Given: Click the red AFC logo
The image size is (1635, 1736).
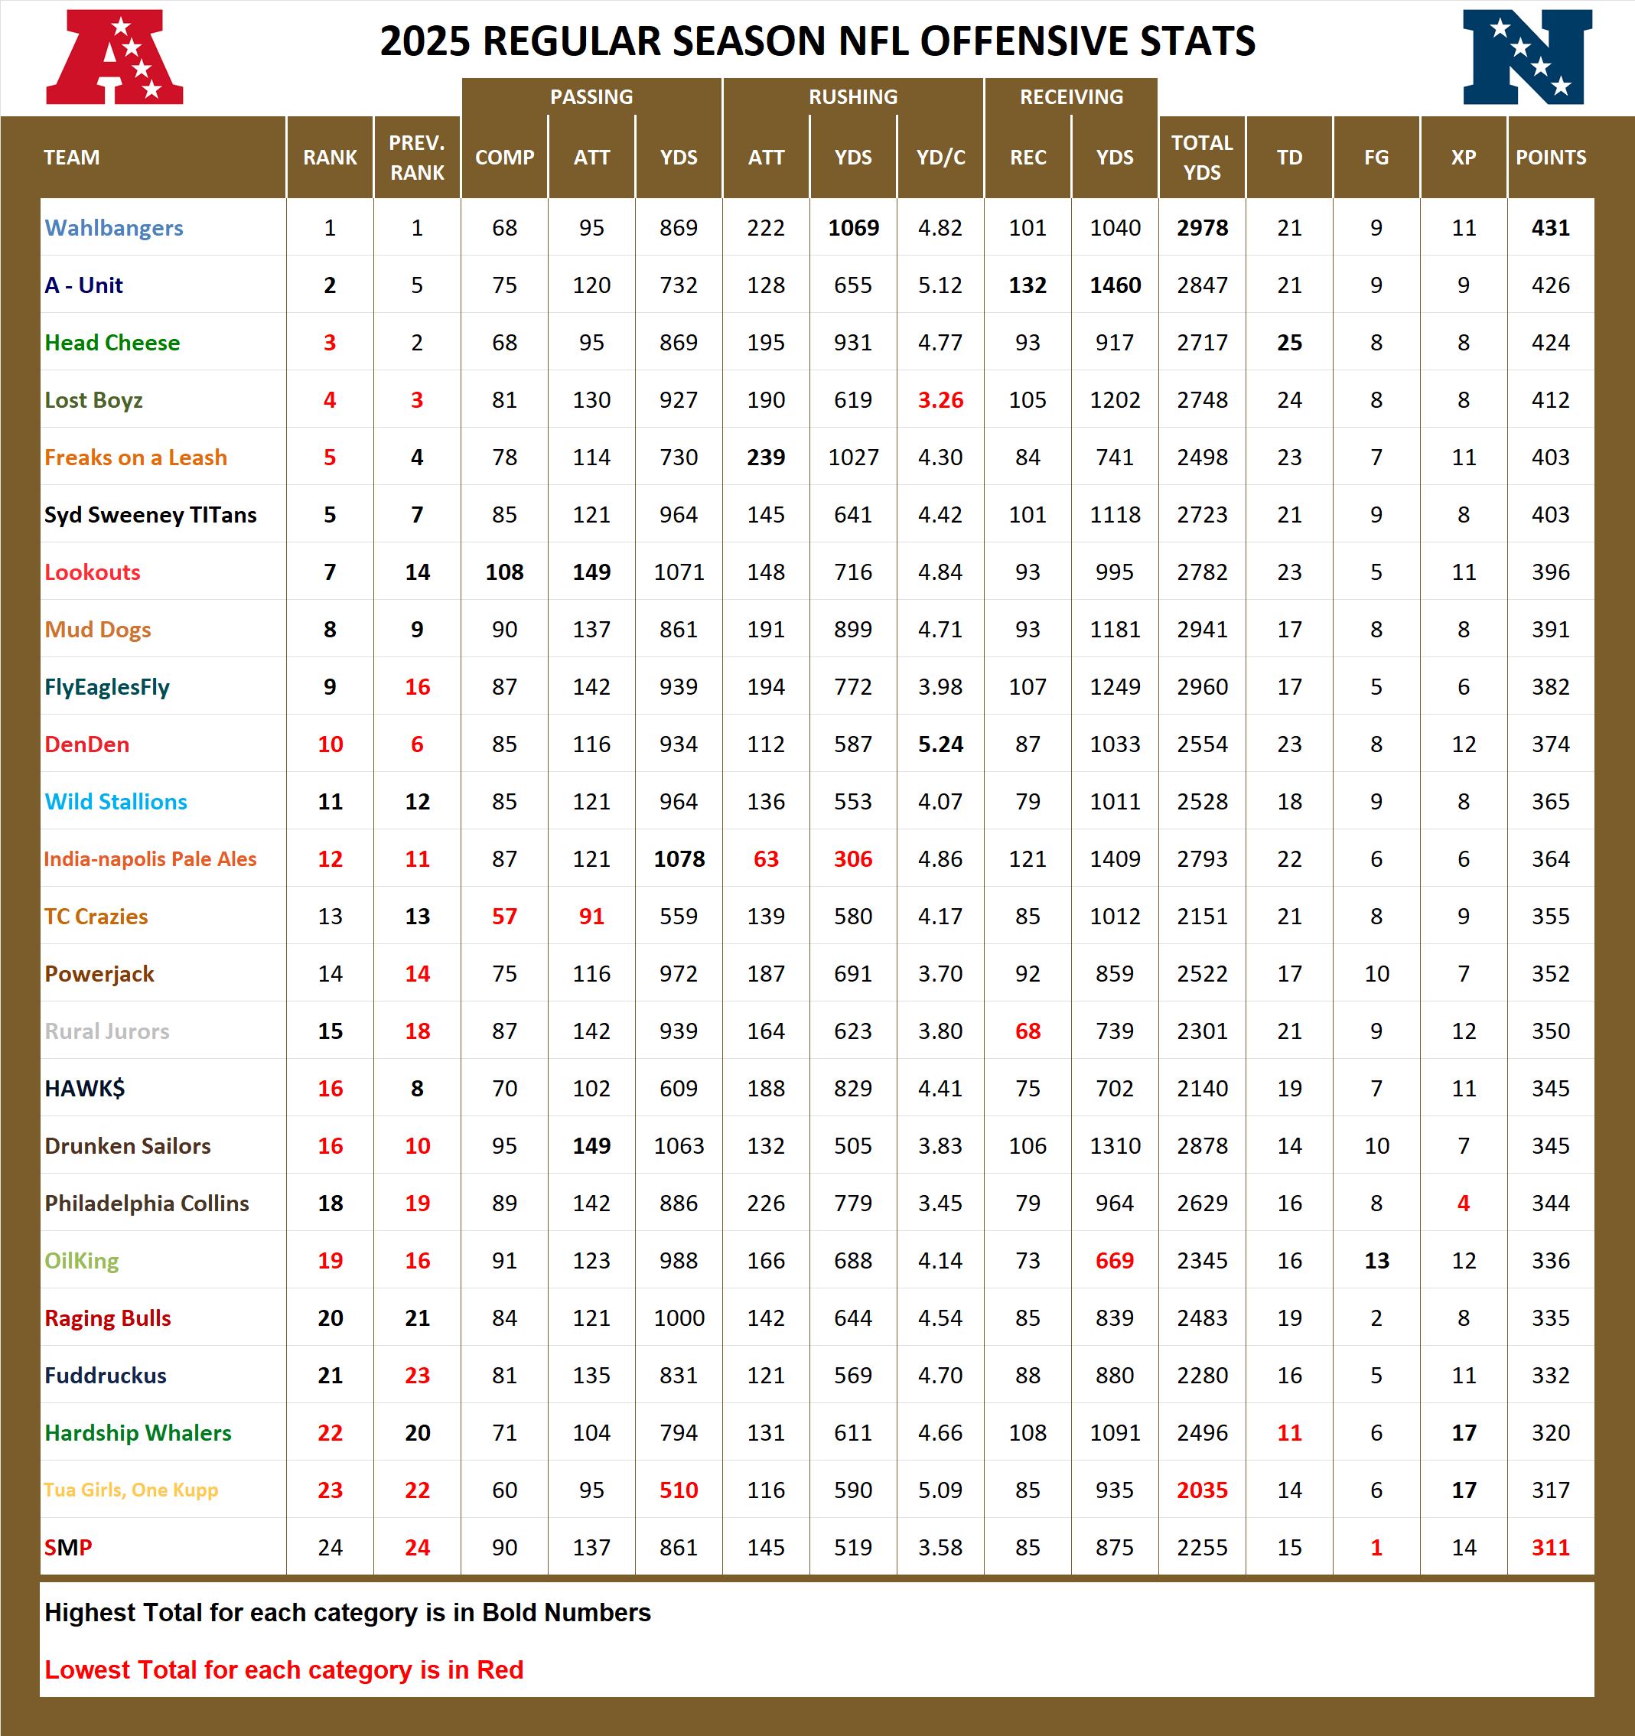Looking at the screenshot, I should tap(115, 57).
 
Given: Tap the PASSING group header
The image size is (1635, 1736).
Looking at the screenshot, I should tap(591, 97).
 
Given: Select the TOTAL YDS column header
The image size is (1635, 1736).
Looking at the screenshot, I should tap(1202, 157).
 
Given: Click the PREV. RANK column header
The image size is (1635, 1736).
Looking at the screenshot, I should tap(417, 157).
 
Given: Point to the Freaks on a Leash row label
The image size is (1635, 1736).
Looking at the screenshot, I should tap(135, 458).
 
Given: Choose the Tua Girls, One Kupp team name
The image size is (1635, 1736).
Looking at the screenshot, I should tap(131, 1490).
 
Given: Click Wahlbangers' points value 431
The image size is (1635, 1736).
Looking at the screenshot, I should tap(1550, 228).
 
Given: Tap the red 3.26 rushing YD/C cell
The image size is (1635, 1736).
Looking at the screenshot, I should tap(940, 400).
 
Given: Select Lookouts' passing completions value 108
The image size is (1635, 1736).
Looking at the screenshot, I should tap(504, 572).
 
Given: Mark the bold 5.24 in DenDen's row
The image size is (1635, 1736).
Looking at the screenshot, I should tap(940, 744).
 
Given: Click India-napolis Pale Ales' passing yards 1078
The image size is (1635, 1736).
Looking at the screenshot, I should tap(679, 859).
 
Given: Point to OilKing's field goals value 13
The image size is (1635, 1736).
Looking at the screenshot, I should tap(1376, 1261).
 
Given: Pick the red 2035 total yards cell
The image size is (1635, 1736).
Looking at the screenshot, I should tap(1202, 1490).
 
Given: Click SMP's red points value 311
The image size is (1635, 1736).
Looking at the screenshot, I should tap(1550, 1547).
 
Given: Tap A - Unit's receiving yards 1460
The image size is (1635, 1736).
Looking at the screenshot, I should tap(1115, 285).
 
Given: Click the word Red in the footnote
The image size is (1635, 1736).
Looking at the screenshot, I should tap(500, 1669).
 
